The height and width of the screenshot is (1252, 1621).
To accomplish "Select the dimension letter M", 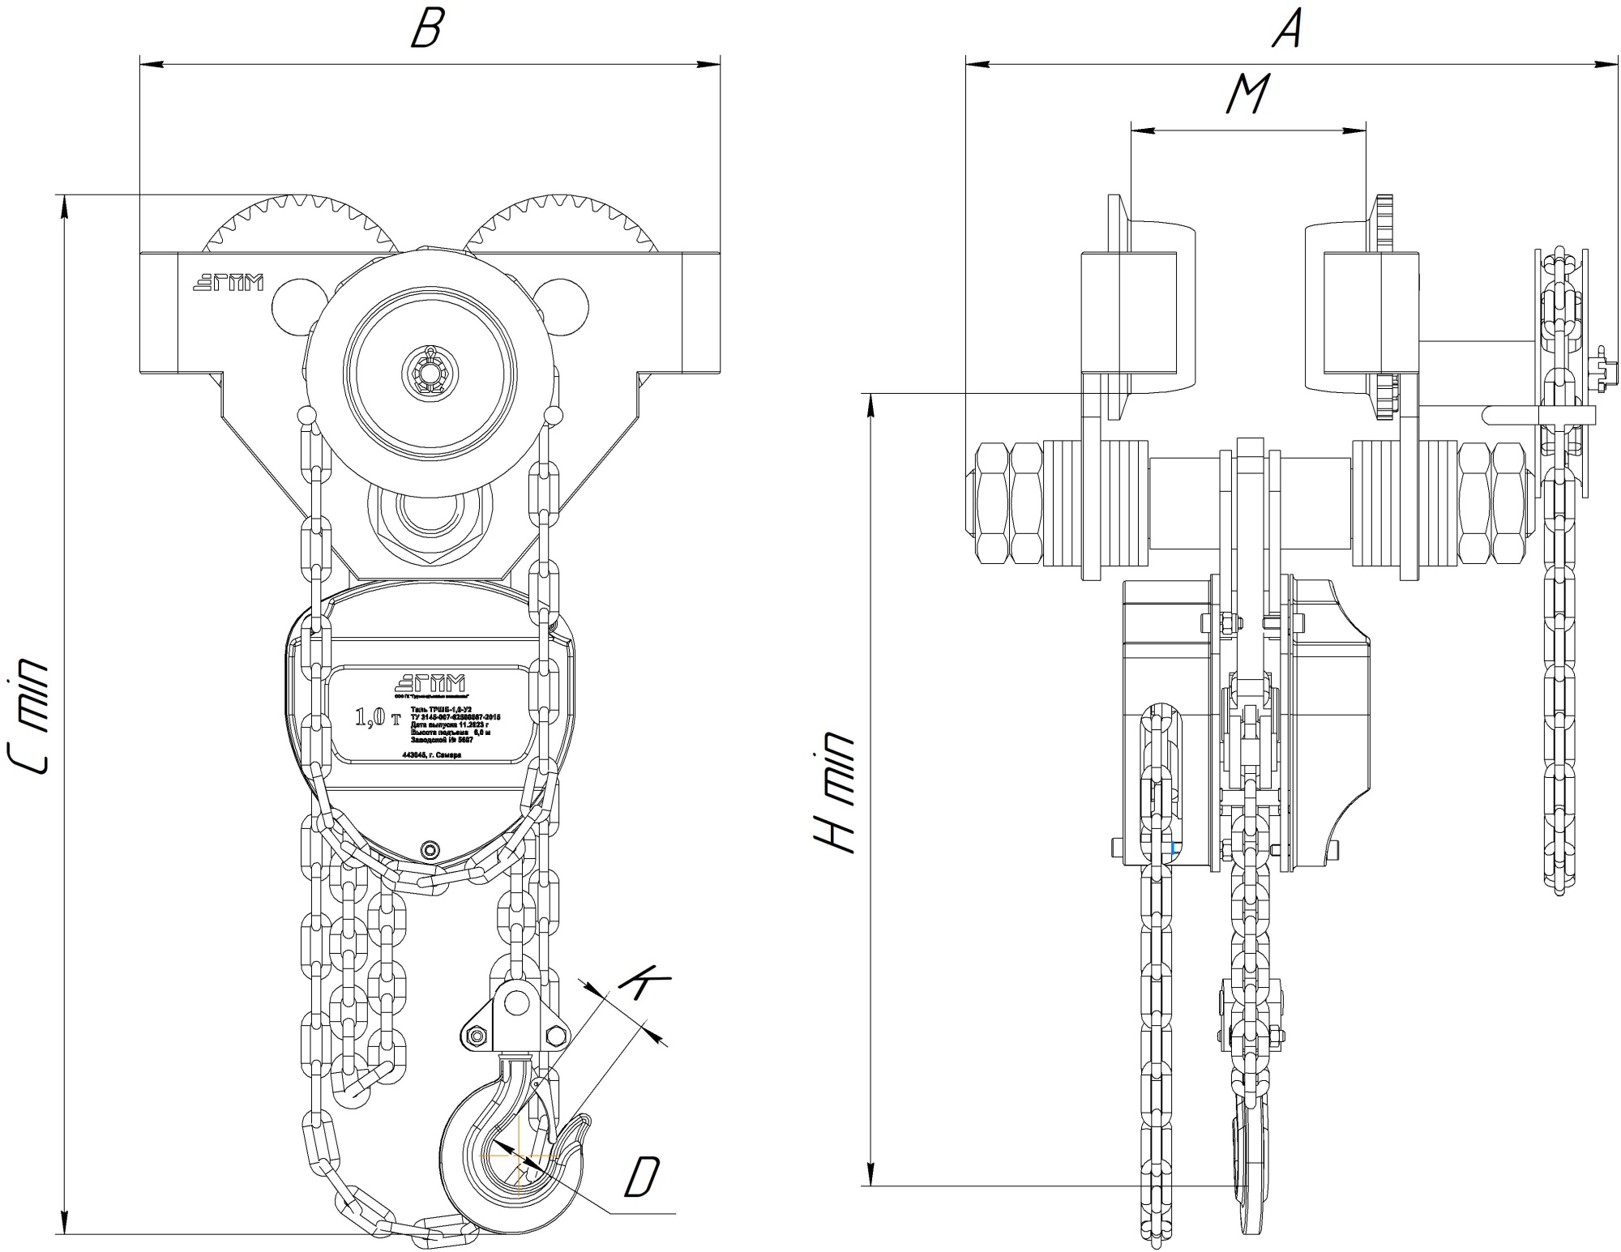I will (1247, 94).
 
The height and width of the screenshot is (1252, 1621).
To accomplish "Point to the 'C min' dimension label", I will (30, 716).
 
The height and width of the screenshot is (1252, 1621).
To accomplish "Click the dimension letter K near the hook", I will (644, 981).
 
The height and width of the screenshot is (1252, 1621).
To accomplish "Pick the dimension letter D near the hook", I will (643, 1176).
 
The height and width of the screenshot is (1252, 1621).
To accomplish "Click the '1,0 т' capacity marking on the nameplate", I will (378, 718).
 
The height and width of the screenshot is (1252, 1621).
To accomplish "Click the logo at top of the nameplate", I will (429, 683).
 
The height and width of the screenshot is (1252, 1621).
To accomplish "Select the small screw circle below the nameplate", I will (430, 848).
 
